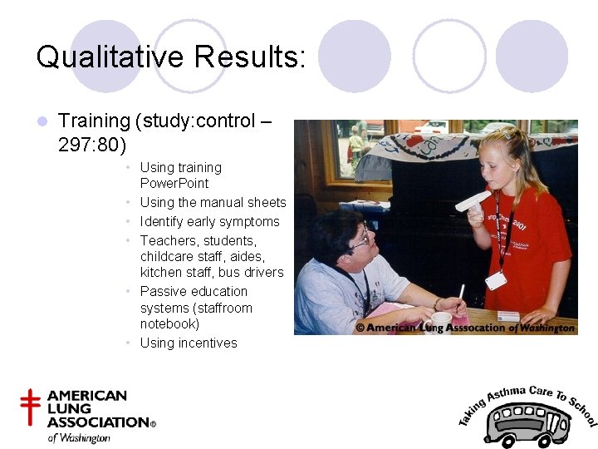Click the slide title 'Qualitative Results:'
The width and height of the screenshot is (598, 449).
coord(171,57)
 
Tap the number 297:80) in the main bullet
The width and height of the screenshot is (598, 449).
coord(92,146)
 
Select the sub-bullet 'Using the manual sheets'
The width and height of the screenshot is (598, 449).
coord(213,202)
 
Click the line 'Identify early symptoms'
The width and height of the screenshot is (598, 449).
coord(209,221)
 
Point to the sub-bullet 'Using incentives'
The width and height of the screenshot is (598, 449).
coord(189,343)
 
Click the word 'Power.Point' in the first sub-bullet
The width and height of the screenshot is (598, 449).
coord(174,183)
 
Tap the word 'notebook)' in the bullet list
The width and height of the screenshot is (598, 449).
coord(169,323)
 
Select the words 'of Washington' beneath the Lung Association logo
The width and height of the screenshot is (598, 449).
coord(79,437)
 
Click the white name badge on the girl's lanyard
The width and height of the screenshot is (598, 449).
coord(496,280)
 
